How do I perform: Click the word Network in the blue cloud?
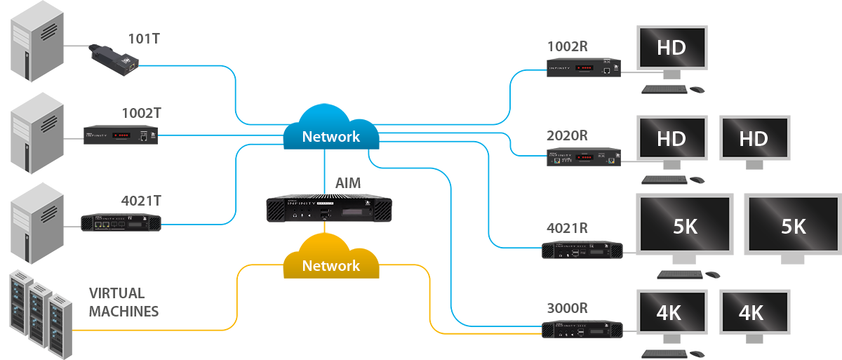coord(330,137)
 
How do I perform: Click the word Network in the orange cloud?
coord(330,266)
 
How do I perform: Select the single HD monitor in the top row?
coord(670,48)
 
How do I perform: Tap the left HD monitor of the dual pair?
coord(670,139)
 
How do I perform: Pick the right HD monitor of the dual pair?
coord(754,139)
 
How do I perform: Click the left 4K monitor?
coord(670,312)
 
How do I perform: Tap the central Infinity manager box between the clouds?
coord(327,210)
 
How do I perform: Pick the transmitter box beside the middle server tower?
coord(120,135)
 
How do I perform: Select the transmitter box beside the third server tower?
coord(121,222)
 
